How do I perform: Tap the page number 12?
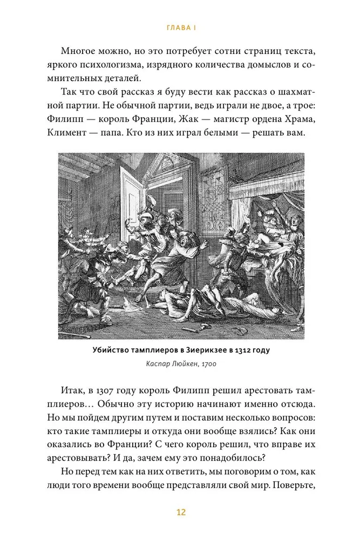[x=180, y=512]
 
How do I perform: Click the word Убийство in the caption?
[x=110, y=350]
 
